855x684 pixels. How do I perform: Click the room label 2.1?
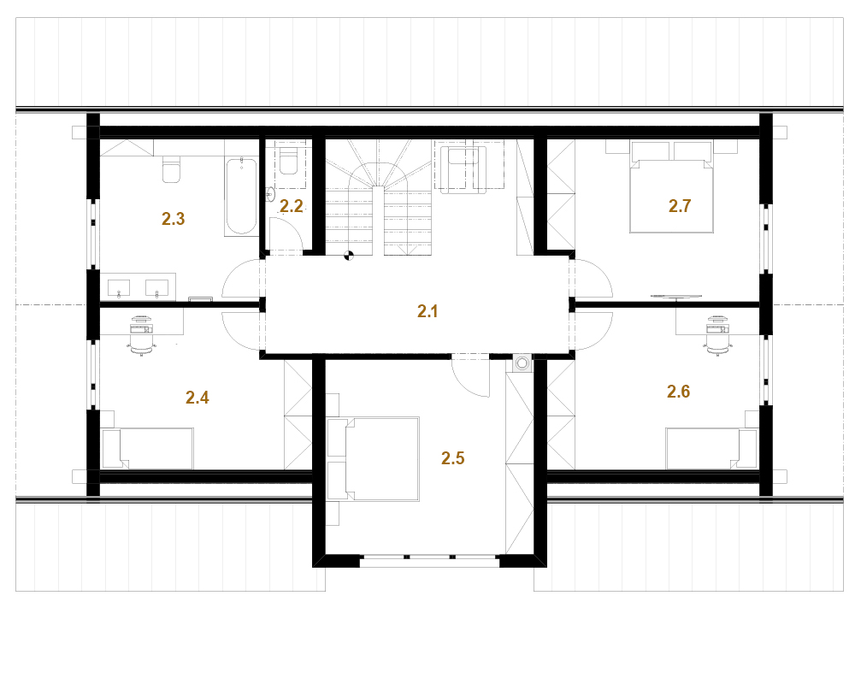coord(427,311)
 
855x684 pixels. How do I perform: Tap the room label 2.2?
coord(292,206)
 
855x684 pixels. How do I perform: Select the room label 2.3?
coord(174,219)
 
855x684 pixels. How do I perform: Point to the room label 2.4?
coord(198,398)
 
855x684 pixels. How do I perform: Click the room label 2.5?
coord(453,458)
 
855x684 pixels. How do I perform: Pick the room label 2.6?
coord(678,391)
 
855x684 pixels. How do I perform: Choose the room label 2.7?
coord(680,206)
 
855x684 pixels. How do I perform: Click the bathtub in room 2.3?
coord(241,197)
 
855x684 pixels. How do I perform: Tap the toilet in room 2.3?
coord(171,169)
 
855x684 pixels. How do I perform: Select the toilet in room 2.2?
coord(288,161)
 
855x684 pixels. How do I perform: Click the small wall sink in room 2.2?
coord(270,194)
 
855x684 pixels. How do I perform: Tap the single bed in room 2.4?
coord(148,448)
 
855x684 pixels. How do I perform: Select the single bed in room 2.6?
coord(711,448)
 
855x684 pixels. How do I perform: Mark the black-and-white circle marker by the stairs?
coord(349,255)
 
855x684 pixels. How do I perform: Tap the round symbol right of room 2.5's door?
coord(522,363)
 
